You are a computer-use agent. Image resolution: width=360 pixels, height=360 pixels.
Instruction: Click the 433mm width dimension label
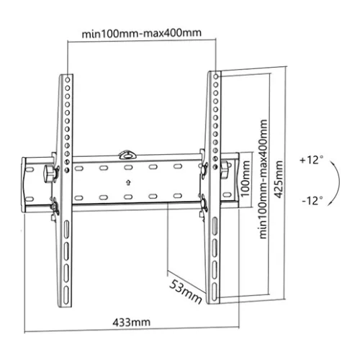[131, 321]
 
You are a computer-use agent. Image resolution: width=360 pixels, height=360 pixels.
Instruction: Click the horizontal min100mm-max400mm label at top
[140, 32]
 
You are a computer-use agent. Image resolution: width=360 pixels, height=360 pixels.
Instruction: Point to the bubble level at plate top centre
[127, 152]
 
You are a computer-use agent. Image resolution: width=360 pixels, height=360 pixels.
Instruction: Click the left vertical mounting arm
[64, 187]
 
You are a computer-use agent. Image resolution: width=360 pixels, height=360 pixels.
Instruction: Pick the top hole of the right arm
[215, 75]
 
